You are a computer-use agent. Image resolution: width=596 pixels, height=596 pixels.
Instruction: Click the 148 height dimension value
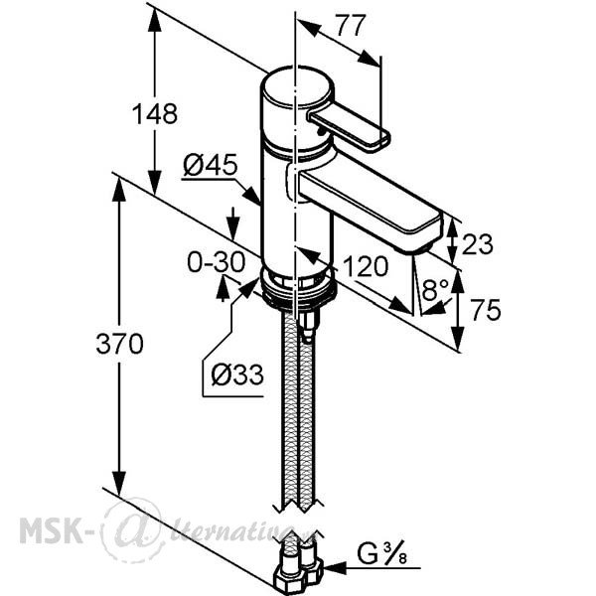154,113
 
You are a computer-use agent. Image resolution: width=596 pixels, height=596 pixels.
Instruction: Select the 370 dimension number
119,344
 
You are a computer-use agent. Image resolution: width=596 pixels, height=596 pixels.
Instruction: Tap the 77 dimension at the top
352,26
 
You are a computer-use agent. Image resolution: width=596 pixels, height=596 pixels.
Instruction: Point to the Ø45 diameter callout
211,165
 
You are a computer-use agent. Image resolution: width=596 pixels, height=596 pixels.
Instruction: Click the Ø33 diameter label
237,374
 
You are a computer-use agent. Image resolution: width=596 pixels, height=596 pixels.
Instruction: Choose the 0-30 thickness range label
216,262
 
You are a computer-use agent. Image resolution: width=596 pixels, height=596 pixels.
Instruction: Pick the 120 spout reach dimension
366,266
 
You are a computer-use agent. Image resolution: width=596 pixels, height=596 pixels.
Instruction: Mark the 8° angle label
435,290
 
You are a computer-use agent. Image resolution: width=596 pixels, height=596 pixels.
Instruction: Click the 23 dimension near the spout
478,244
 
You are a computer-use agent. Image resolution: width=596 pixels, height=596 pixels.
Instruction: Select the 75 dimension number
486,310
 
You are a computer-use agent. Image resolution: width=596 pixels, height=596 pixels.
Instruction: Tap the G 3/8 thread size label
381,553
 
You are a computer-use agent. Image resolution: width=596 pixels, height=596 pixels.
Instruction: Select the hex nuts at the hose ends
299,574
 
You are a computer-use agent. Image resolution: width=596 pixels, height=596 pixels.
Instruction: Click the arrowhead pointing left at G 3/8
336,568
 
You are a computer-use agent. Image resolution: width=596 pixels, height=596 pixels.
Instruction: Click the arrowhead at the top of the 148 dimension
154,20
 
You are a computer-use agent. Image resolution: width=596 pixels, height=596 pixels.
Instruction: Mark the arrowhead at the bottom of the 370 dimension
119,483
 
